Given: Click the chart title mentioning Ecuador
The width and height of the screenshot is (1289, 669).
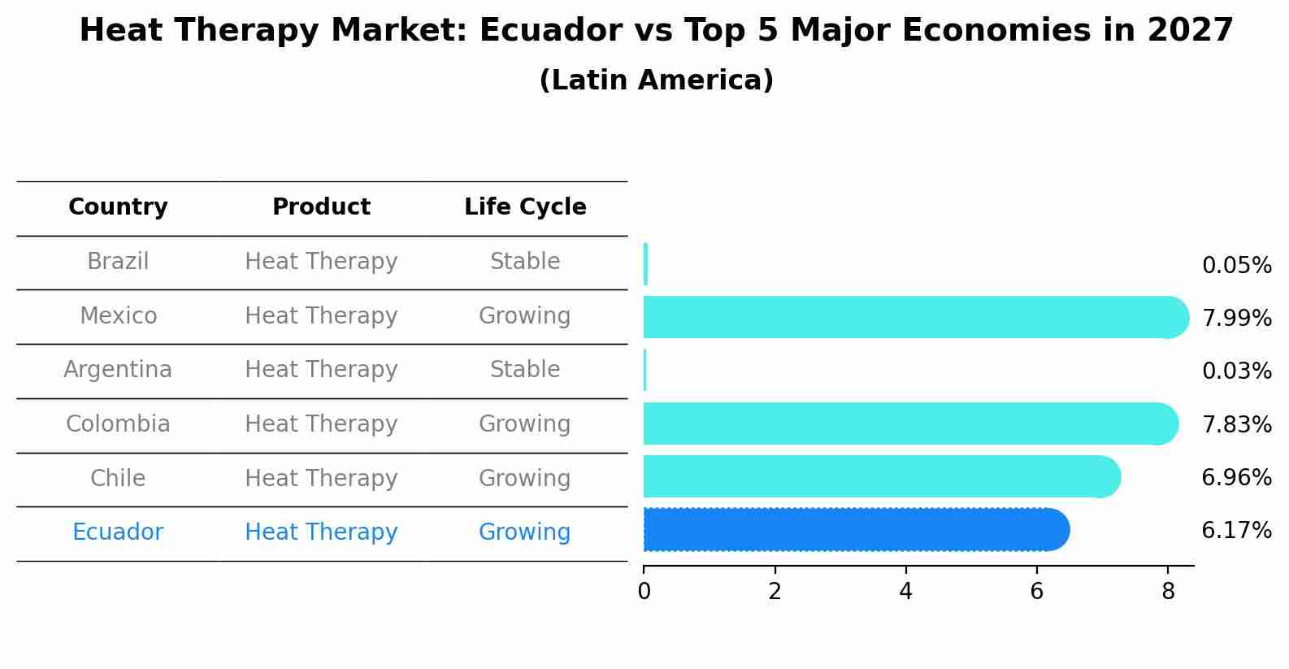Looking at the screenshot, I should coord(656,31).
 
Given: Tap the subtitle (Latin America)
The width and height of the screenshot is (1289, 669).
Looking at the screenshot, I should coord(656,80).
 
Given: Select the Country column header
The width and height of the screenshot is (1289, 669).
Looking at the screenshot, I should coord(118,207).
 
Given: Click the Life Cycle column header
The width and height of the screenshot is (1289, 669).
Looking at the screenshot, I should coord(525,207).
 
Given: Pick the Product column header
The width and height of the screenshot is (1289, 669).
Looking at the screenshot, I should coord(321,207).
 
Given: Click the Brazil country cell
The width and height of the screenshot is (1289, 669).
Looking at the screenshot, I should coord(118,262).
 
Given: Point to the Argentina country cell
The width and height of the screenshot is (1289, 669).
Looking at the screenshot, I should coord(118,370).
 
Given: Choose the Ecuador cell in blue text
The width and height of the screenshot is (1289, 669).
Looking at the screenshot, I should coord(118,532).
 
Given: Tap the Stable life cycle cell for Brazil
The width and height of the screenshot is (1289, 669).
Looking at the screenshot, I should coord(525,262).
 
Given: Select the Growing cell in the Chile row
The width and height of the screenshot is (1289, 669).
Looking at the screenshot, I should coord(525,478).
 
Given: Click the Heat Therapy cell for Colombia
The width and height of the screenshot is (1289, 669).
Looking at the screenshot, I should coord(321,424).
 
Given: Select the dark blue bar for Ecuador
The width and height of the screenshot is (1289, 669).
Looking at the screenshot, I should coord(853,530).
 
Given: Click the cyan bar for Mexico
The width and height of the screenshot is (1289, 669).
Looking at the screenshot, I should coord(910,317).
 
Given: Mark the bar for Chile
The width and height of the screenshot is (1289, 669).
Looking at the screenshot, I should coord(878,476).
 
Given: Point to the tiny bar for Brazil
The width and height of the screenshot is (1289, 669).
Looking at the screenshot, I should coord(645,264).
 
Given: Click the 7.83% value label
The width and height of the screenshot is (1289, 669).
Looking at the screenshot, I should coord(1236,424).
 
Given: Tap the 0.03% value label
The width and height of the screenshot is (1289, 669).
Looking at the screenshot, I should coord(1236,371).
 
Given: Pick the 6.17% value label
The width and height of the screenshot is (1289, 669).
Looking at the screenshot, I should coord(1236,531).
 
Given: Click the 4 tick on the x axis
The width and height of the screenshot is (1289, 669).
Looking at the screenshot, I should coord(905,592).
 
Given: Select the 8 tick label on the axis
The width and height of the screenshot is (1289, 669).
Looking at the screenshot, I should coord(1168,592).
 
